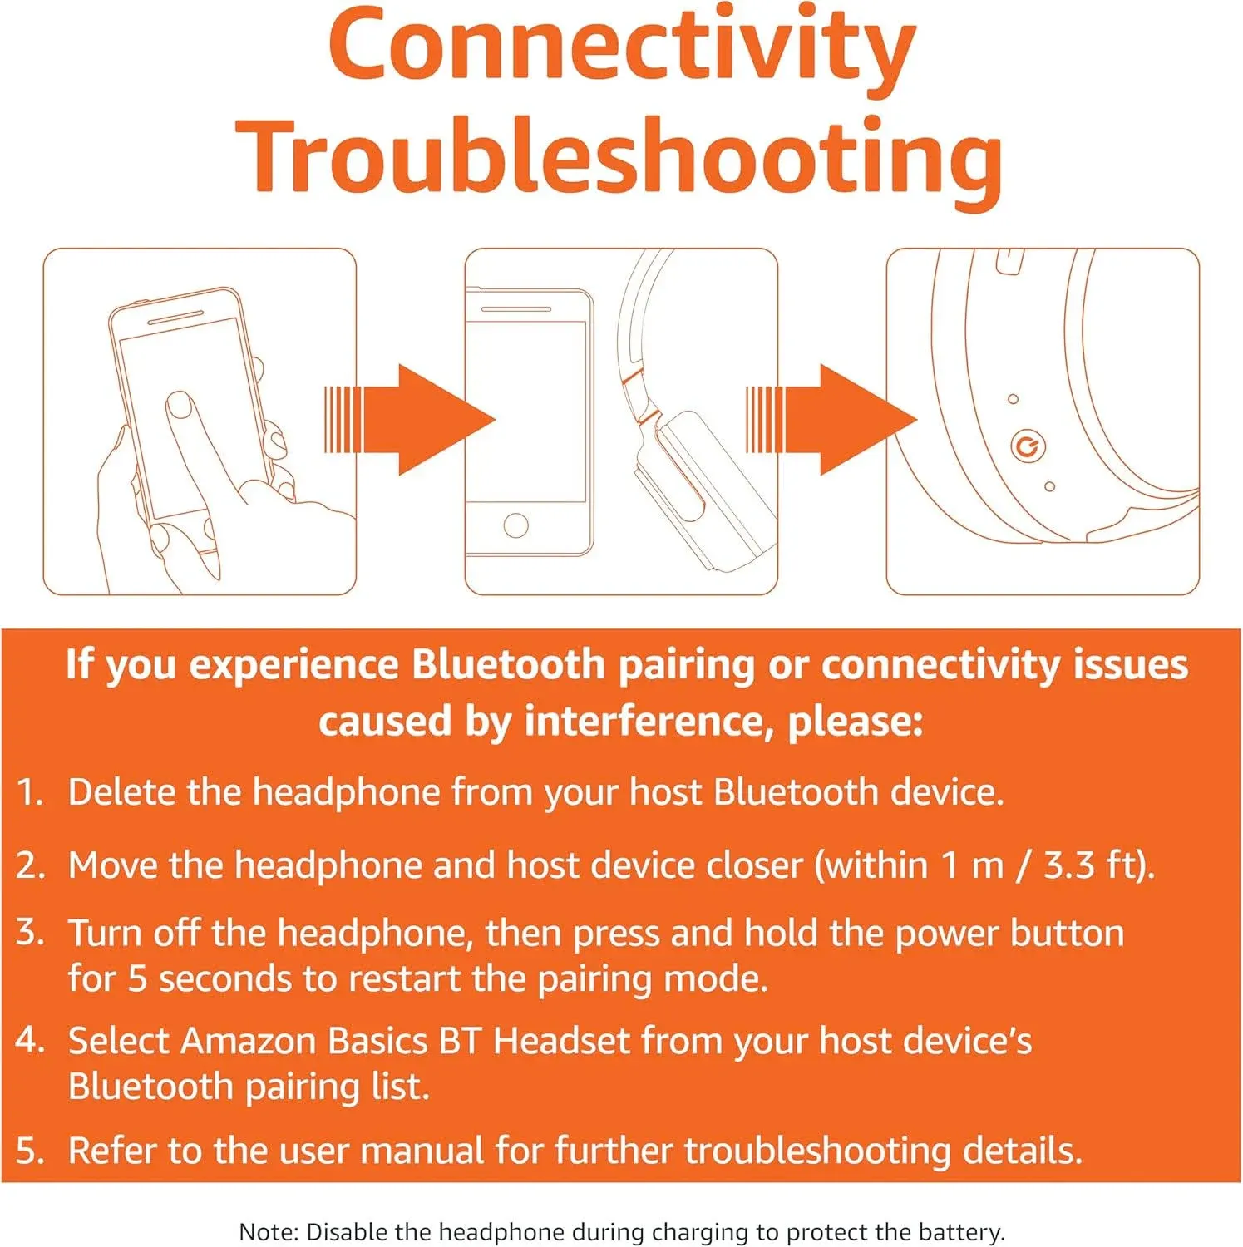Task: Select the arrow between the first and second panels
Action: pyautogui.click(x=409, y=420)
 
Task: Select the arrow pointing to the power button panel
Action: pyautogui.click(x=831, y=420)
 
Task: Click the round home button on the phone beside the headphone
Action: pyautogui.click(x=515, y=525)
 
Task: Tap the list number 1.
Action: pyautogui.click(x=30, y=792)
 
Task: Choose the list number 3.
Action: pyautogui.click(x=30, y=933)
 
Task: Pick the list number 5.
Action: pyautogui.click(x=30, y=1151)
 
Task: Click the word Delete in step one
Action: pyautogui.click(x=121, y=792)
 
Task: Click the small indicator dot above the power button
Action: pyautogui.click(x=1013, y=399)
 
